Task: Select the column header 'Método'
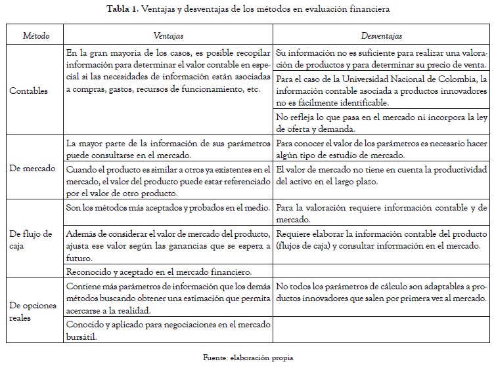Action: point(36,35)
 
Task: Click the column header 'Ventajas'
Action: point(168,35)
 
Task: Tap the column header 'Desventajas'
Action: point(382,35)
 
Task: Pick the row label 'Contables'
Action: point(29,91)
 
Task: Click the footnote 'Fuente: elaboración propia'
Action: point(247,358)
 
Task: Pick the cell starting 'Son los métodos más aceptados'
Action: point(168,208)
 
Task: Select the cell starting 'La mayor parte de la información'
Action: point(168,148)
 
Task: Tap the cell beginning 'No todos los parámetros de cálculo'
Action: point(381,293)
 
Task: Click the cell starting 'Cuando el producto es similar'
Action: point(168,181)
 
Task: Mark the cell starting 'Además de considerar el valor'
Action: point(168,246)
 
